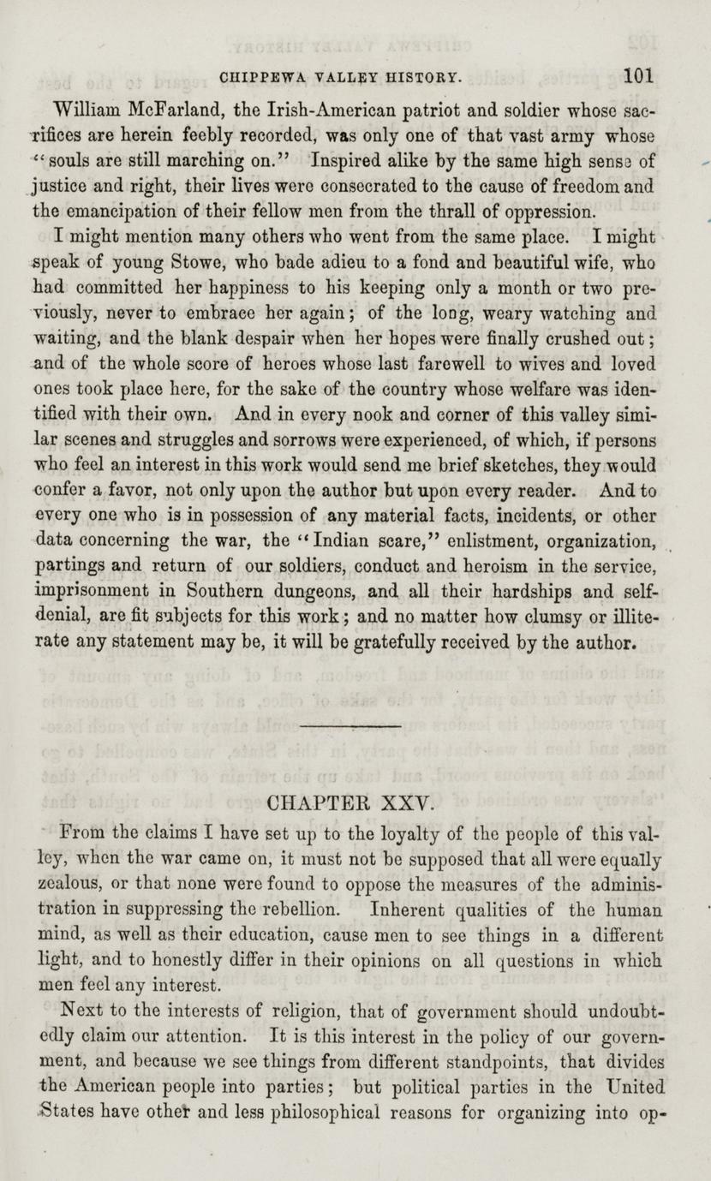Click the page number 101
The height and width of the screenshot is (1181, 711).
tap(639, 75)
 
